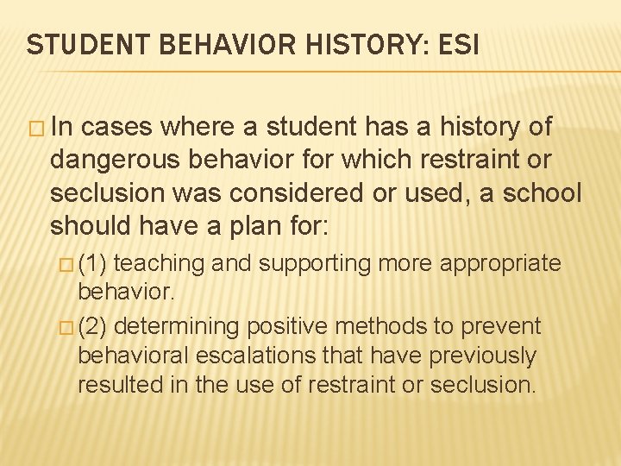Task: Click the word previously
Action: click(x=485, y=356)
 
